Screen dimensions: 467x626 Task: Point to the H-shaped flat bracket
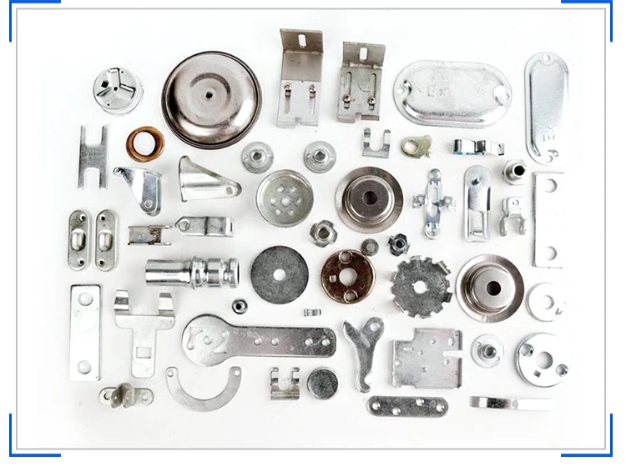[x=93, y=156]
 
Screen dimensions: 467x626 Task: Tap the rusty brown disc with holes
[x=347, y=274]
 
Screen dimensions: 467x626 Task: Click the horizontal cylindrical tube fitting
[x=191, y=272]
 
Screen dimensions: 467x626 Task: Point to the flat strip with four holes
[x=407, y=406]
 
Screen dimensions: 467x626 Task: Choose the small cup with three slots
[x=117, y=89]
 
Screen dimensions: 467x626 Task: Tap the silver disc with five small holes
[x=285, y=198]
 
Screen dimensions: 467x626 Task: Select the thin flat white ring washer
[x=547, y=300]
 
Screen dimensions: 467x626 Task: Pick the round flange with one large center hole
[x=490, y=287]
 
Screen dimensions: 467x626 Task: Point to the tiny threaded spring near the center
[x=312, y=313]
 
